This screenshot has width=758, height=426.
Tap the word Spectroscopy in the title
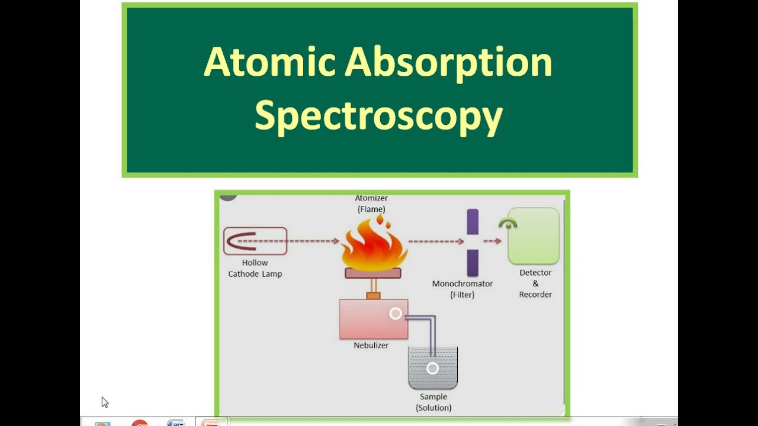pos(378,115)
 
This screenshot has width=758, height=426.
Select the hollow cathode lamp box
pos(255,241)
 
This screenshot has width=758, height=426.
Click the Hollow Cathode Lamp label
pos(255,268)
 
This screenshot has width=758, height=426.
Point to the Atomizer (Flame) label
pos(371,204)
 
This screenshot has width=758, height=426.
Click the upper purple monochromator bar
pos(472,221)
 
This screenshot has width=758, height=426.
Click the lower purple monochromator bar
pos(472,263)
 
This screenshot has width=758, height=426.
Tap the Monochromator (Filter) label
pos(462,289)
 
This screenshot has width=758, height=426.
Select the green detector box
pos(534,236)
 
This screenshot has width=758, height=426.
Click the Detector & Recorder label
pos(535,283)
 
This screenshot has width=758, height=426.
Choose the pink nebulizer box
pos(373,319)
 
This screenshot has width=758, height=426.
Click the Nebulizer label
pos(371,345)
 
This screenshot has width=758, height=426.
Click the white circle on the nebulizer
pos(396,314)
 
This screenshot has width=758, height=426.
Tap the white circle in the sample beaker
pos(432,368)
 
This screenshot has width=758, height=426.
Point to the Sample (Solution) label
pos(433,402)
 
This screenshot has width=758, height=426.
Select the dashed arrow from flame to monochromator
pos(435,241)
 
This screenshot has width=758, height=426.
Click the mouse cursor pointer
pos(105,402)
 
